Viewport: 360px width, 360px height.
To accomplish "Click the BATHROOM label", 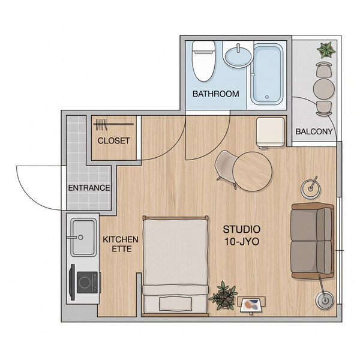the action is point(215,94).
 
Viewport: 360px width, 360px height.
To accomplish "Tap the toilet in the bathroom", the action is point(203,61).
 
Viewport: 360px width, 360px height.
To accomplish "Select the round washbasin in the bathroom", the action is point(238,55).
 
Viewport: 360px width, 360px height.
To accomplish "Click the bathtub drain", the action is point(267,97).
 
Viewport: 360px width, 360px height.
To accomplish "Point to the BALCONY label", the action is point(314,131).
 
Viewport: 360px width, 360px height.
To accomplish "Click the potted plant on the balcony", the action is point(326,50).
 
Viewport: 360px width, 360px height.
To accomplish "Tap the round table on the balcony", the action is point(324,89).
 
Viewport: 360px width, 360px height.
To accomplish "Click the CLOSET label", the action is point(113,141).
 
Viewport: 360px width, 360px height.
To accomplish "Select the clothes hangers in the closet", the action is point(101,125).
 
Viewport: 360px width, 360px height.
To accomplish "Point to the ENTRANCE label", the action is point(89,188).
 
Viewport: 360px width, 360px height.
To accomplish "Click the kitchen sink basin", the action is point(83,237).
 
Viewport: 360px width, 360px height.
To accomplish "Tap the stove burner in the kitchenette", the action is point(85,282).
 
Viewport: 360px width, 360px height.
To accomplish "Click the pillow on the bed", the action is point(176,304).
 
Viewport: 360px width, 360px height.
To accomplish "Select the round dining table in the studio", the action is point(253,172).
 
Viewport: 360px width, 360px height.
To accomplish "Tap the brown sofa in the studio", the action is point(312,241).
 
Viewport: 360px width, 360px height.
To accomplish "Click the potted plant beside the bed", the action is point(223,295).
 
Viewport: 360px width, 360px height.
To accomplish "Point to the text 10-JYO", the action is point(242,242).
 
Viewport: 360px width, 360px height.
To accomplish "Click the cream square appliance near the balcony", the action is point(271,132).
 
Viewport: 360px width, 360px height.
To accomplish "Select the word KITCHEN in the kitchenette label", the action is point(121,239).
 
